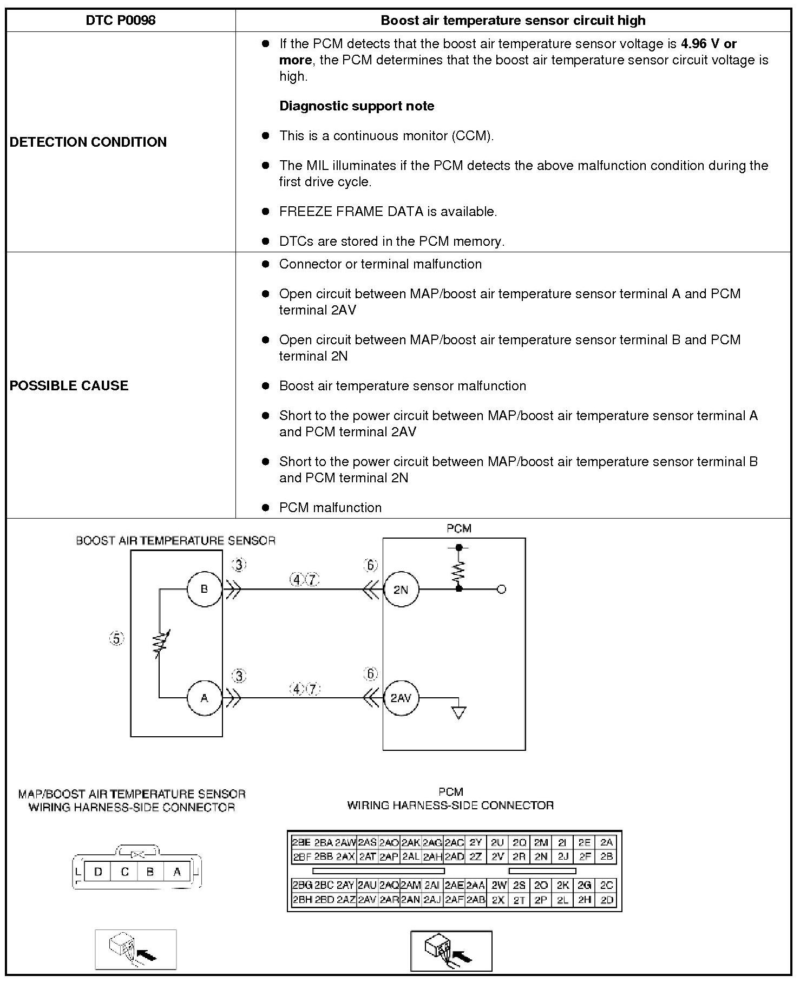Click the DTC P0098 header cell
click(x=121, y=21)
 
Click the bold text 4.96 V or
click(x=709, y=44)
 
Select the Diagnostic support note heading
click(x=357, y=106)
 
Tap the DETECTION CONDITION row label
click(x=88, y=142)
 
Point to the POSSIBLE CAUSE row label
click(x=69, y=385)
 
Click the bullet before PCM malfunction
click(x=265, y=508)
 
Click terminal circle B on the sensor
click(x=204, y=589)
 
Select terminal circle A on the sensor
click(x=204, y=698)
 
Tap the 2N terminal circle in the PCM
click(x=401, y=590)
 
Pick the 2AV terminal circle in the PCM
click(x=401, y=698)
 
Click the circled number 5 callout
click(x=116, y=639)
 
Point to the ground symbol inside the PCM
click(x=458, y=713)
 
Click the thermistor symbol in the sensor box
click(x=160, y=643)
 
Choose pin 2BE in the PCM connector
click(x=301, y=843)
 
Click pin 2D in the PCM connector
click(x=607, y=899)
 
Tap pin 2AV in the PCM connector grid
click(x=367, y=899)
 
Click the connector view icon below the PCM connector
click(x=451, y=951)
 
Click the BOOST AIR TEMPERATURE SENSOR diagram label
click(x=175, y=541)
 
